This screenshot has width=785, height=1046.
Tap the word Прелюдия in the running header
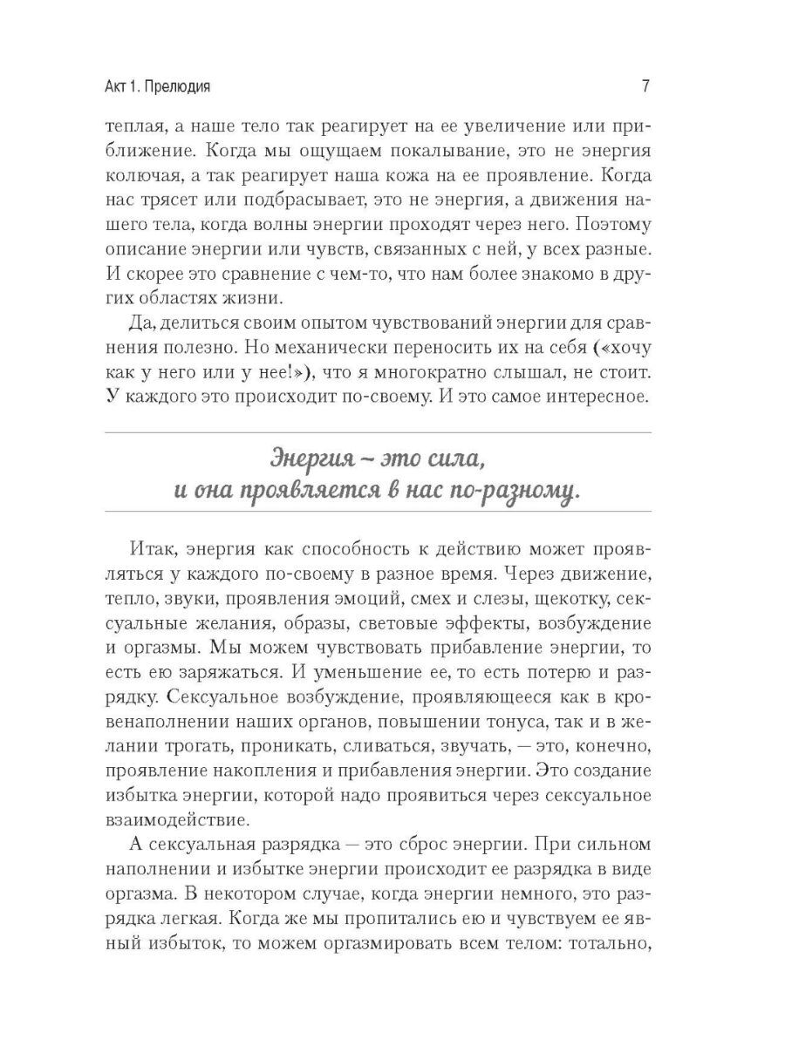pyautogui.click(x=184, y=87)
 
